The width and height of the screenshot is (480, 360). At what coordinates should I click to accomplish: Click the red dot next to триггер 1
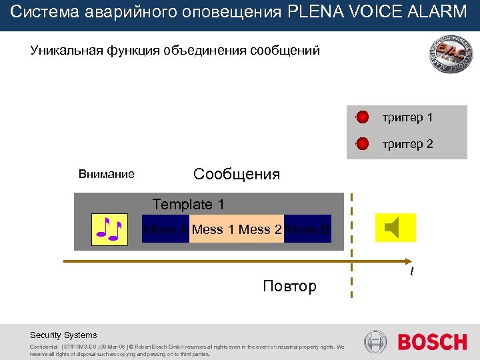coord(362,118)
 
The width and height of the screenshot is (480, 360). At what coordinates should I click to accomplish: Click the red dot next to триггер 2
coord(362,143)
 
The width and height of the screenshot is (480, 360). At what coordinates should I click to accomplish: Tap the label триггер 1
coord(407,118)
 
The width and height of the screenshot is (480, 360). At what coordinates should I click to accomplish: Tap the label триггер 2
coord(407,143)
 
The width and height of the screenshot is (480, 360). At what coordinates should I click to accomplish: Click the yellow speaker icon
coord(395,228)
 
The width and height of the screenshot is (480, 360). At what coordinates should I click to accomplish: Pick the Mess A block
coord(165,230)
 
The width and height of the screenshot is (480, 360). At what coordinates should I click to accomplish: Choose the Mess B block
coord(308,230)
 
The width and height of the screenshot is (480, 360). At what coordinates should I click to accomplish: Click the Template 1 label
coord(189,204)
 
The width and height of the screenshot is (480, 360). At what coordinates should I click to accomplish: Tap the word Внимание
coord(107,175)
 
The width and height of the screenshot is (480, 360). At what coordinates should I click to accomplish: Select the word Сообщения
coord(237,175)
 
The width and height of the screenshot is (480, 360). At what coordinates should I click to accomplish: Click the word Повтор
coord(289,287)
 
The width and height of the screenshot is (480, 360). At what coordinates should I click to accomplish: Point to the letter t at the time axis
coord(412,271)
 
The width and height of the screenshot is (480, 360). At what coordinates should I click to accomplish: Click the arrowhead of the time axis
coord(408,260)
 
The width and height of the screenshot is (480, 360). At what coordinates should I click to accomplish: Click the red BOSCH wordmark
coord(432,343)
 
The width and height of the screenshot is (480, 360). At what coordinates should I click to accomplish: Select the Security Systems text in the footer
coord(63,335)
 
